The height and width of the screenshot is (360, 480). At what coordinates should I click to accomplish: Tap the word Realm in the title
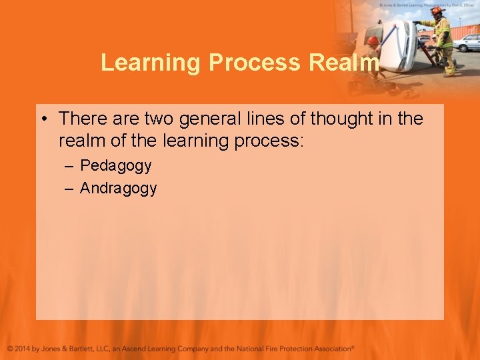click(x=345, y=63)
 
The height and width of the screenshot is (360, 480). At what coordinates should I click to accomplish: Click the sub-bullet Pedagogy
click(x=115, y=165)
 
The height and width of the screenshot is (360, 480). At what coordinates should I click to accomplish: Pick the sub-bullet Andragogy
click(x=118, y=189)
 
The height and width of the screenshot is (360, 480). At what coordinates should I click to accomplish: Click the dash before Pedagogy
click(x=69, y=166)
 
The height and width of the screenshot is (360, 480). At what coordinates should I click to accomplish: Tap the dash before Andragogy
click(x=69, y=189)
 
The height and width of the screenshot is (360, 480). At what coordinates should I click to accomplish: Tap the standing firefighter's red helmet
click(x=437, y=11)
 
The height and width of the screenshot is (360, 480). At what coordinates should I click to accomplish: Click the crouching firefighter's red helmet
click(x=373, y=41)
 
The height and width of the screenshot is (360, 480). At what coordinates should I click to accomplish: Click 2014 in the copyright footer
click(x=28, y=349)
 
